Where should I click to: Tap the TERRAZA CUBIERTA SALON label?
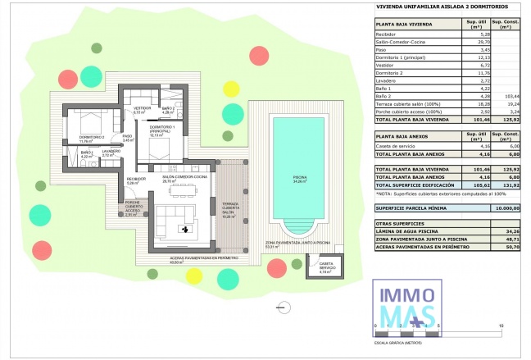229,211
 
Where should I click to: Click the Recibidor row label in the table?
386,34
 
